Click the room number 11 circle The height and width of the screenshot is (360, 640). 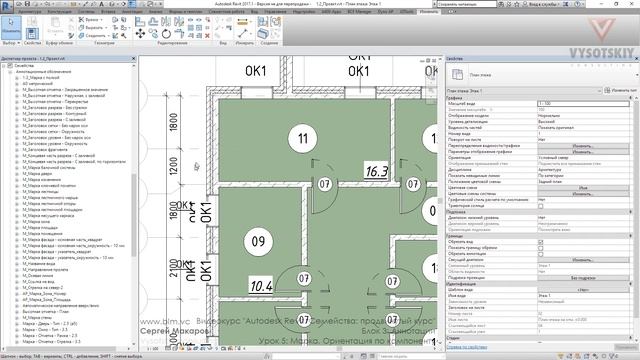[298, 137]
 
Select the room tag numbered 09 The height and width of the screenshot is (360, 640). [257, 241]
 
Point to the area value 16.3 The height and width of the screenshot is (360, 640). [376, 171]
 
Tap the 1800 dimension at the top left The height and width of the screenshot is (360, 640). [173, 122]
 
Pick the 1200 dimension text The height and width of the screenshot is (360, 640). [173, 164]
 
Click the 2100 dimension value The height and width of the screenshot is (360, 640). [173, 207]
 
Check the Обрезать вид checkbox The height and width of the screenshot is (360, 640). [541, 242]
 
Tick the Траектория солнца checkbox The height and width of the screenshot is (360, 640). [541, 206]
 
